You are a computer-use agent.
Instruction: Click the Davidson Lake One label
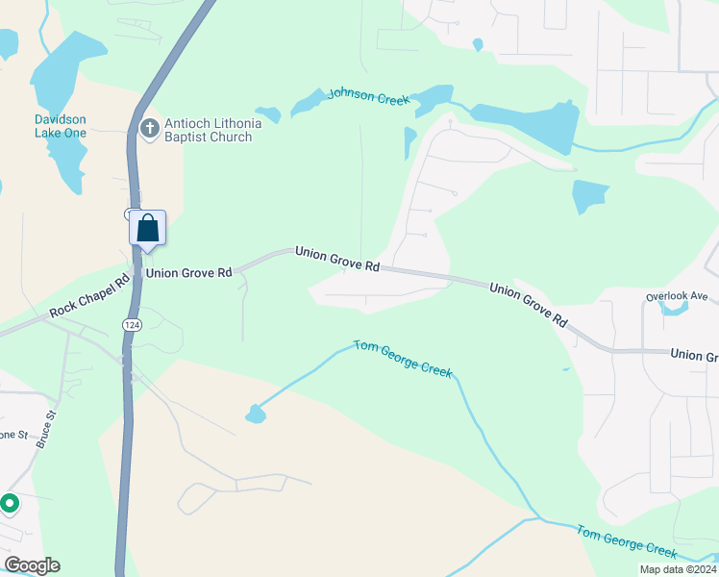(60, 125)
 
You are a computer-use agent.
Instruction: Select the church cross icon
(149, 128)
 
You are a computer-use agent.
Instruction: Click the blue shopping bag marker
(147, 228)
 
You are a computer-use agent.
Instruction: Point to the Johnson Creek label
(368, 96)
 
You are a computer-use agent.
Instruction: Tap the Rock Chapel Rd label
(89, 299)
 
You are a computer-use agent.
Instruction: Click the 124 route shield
(128, 326)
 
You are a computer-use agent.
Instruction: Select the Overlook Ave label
(677, 296)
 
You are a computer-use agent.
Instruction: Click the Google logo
(31, 565)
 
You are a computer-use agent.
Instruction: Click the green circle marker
(10, 502)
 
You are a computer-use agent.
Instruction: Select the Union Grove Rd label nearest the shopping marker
(187, 273)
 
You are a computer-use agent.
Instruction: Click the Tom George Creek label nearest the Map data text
(627, 540)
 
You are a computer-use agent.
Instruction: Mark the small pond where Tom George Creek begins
(256, 414)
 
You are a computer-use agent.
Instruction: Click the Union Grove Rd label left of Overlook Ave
(529, 304)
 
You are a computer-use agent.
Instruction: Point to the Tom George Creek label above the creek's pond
(403, 358)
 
